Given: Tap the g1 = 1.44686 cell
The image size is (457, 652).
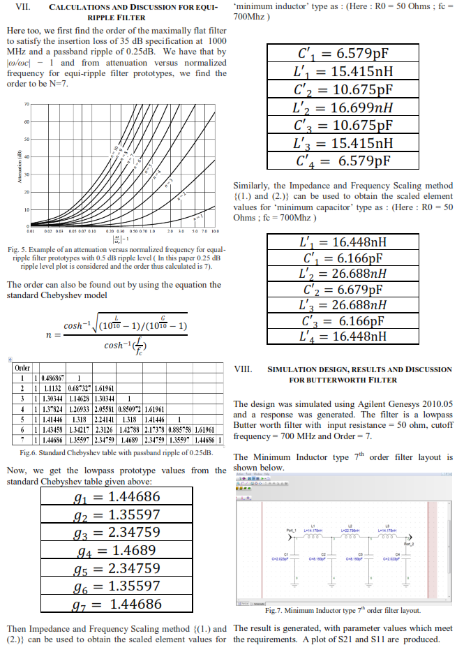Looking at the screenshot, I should click(117, 496).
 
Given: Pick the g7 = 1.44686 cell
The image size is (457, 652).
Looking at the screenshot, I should click(117, 604).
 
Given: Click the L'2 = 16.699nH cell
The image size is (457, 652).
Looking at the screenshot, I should click(342, 108).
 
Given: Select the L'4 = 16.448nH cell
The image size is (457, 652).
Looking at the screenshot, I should click(342, 336).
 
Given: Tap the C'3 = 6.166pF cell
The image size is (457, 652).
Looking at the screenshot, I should click(342, 320).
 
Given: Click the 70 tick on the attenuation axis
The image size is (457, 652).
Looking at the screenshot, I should click(26, 104).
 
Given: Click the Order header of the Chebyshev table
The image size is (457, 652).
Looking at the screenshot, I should click(22, 368).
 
